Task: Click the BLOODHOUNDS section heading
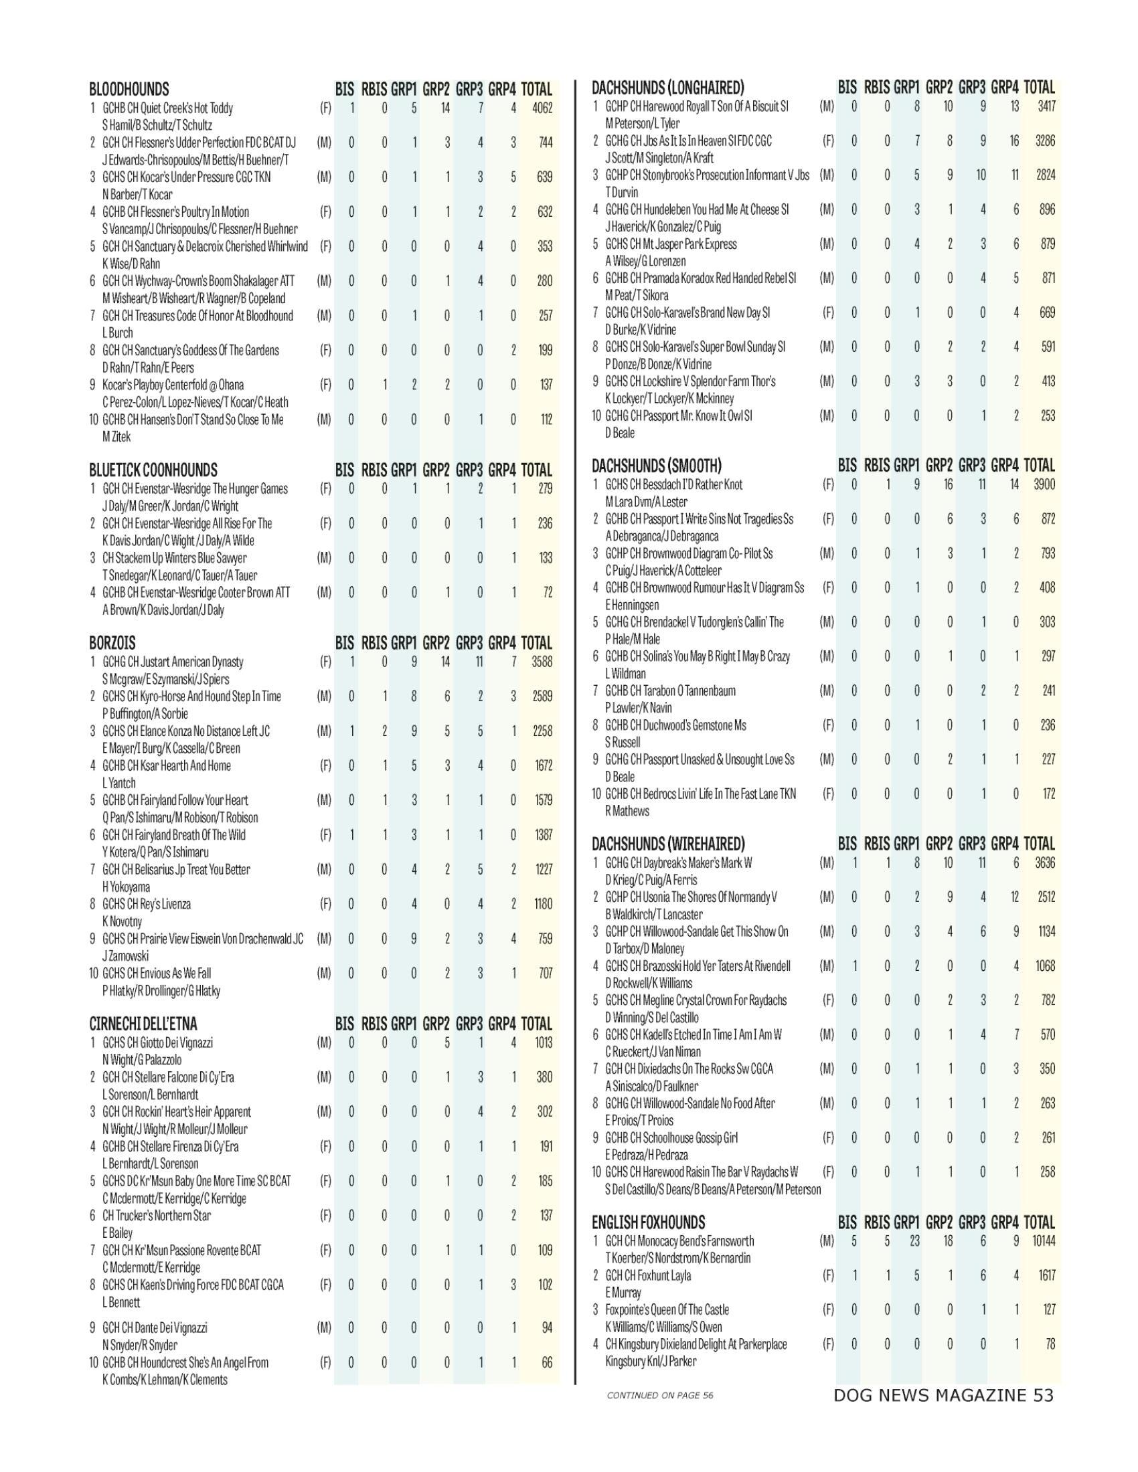(129, 89)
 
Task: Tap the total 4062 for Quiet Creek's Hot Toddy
(542, 108)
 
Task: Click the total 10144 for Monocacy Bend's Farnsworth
(1042, 1240)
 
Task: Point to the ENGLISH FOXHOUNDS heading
(648, 1222)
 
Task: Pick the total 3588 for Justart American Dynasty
(542, 662)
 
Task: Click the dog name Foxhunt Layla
(647, 1275)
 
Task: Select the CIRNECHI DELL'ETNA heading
(143, 1024)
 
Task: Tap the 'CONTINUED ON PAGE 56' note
(659, 1395)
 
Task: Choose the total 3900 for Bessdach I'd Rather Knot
(1044, 484)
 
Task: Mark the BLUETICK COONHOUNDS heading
(153, 470)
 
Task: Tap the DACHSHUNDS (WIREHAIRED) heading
(667, 844)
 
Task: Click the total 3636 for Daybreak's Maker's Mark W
(1044, 862)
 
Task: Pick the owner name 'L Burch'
(117, 333)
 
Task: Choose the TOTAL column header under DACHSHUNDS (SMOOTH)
(1039, 465)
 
